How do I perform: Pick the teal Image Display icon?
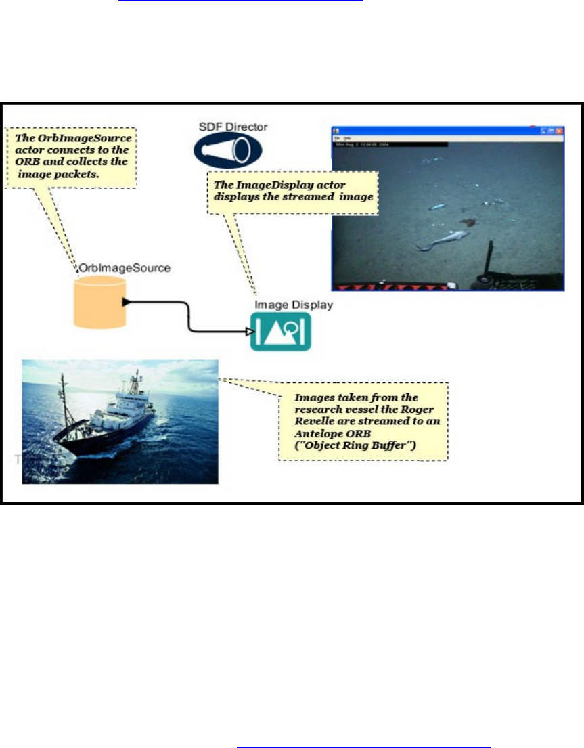[281, 331]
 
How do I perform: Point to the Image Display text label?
[294, 305]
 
